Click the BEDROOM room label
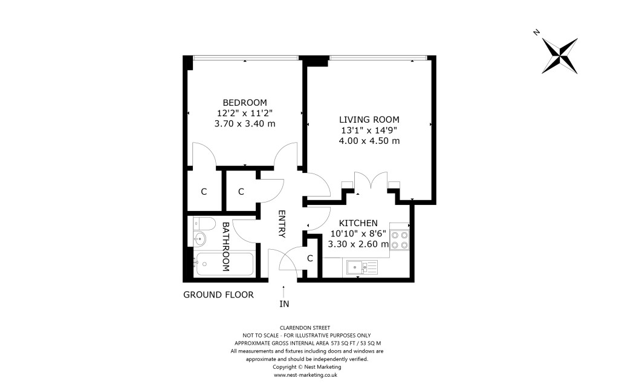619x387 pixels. click(244, 102)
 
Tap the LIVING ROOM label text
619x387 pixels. click(369, 119)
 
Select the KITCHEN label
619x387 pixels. click(358, 223)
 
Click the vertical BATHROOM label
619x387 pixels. click(225, 246)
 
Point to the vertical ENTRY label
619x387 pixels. click(282, 224)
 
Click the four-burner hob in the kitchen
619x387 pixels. click(400, 240)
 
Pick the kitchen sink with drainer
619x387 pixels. click(361, 266)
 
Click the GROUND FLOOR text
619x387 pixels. click(218, 295)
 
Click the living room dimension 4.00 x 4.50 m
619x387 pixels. click(369, 141)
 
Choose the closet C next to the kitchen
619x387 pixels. click(310, 259)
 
